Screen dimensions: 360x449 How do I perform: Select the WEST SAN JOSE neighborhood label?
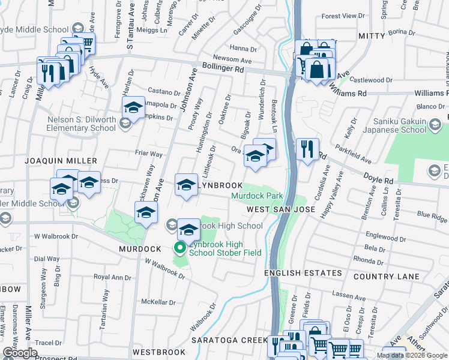point(280,209)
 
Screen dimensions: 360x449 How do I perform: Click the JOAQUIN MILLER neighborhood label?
point(61,161)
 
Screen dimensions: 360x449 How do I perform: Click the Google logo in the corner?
point(20,353)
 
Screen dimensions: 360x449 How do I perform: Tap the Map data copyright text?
point(411,355)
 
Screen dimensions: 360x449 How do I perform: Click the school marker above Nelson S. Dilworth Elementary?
point(133,108)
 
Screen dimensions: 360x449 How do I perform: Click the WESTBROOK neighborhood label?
point(154,352)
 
